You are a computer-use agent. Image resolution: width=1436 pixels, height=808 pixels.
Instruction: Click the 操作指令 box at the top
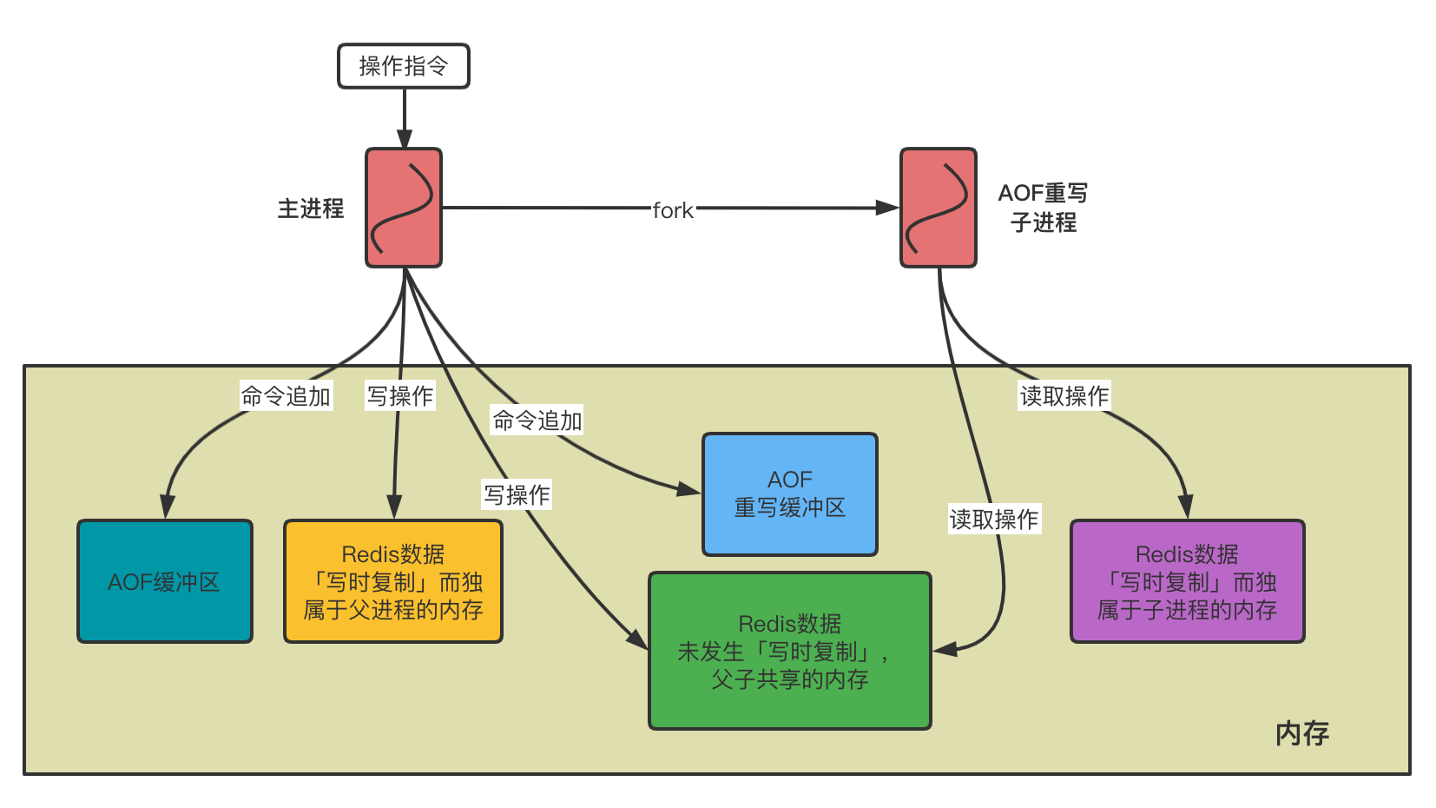click(x=403, y=66)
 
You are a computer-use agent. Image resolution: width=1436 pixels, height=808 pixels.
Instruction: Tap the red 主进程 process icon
click(x=404, y=208)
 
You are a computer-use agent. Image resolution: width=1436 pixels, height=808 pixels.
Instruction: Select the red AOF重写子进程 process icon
click(x=938, y=208)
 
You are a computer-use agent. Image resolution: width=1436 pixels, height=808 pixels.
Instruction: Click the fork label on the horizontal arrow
click(x=673, y=210)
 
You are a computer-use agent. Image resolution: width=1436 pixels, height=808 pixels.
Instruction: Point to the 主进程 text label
click(x=310, y=209)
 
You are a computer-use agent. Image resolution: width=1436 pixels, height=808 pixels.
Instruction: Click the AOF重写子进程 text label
click(x=1043, y=208)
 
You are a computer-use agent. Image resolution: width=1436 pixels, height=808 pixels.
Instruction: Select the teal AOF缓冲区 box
click(x=165, y=581)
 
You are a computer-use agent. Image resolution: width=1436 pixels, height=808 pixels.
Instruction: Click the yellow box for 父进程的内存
click(x=393, y=581)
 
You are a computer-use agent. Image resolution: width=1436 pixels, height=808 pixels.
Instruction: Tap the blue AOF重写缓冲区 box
click(x=789, y=493)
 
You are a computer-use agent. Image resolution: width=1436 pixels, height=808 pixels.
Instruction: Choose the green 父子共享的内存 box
click(x=789, y=651)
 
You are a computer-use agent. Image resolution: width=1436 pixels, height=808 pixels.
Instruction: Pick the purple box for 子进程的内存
click(x=1187, y=581)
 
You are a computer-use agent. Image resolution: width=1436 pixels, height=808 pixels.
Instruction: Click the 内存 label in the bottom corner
click(x=1301, y=733)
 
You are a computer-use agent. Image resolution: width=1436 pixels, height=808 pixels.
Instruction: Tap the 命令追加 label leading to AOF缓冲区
click(x=286, y=396)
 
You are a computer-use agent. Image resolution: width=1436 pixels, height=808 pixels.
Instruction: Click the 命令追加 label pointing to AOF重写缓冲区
click(x=537, y=421)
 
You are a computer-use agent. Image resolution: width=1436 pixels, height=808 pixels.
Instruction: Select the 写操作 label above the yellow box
click(x=399, y=396)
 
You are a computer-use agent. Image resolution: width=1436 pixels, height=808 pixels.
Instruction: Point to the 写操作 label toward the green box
click(x=517, y=495)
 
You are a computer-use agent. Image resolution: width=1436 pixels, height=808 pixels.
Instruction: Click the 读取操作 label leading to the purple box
click(x=1064, y=396)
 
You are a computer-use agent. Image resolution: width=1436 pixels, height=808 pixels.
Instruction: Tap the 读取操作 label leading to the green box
click(x=993, y=520)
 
